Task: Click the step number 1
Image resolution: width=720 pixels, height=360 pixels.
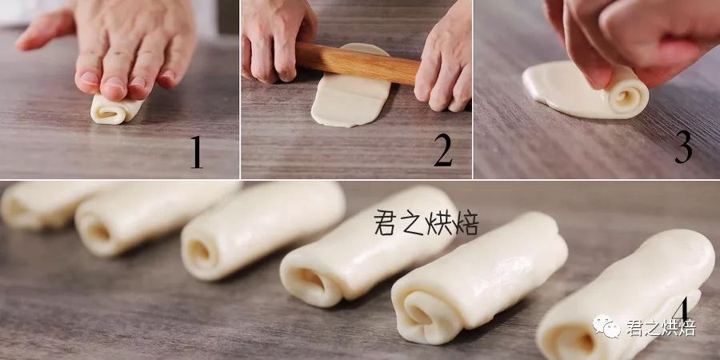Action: [197, 153]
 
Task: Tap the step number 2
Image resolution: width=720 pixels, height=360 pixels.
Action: [443, 150]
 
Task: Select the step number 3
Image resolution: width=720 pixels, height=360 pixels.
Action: [683, 146]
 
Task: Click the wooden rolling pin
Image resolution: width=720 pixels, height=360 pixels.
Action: [358, 63]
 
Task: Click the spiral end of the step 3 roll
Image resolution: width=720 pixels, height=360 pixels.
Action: [626, 98]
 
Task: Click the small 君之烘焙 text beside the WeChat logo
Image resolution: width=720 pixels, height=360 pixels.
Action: [662, 327]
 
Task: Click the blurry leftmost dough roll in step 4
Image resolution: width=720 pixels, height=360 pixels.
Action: [42, 204]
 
